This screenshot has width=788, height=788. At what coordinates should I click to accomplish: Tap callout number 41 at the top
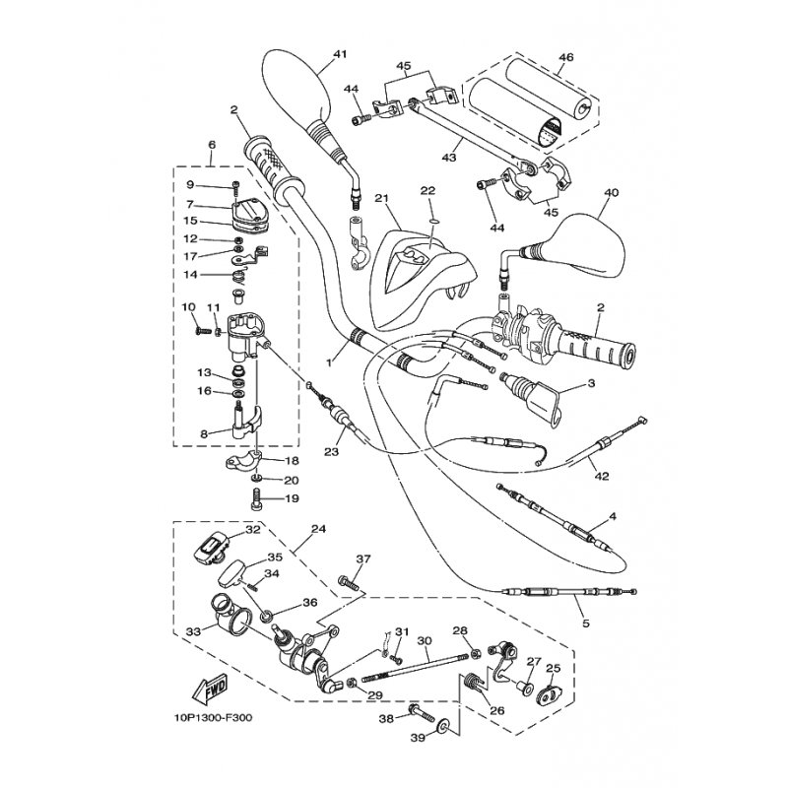click(x=340, y=54)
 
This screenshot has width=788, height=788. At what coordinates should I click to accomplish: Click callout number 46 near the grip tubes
click(x=565, y=57)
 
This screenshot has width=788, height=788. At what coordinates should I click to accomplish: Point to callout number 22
click(x=427, y=190)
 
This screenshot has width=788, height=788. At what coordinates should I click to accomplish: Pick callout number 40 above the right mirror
click(x=611, y=192)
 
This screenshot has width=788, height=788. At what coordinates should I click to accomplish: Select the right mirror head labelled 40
click(x=588, y=244)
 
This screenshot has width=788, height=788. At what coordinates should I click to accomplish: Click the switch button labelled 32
click(x=212, y=549)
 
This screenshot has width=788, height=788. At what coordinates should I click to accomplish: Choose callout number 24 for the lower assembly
click(x=318, y=529)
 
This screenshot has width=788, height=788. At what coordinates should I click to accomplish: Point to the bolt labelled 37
click(x=351, y=583)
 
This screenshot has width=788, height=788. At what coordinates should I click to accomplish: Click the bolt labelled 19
click(x=256, y=498)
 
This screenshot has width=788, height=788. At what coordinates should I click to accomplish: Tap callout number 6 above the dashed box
click(x=212, y=145)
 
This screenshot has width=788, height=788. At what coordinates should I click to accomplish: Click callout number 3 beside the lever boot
click(x=591, y=383)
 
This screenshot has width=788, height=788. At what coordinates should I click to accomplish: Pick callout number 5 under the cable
click(x=586, y=624)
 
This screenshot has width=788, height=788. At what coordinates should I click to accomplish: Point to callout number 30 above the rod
click(x=425, y=641)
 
